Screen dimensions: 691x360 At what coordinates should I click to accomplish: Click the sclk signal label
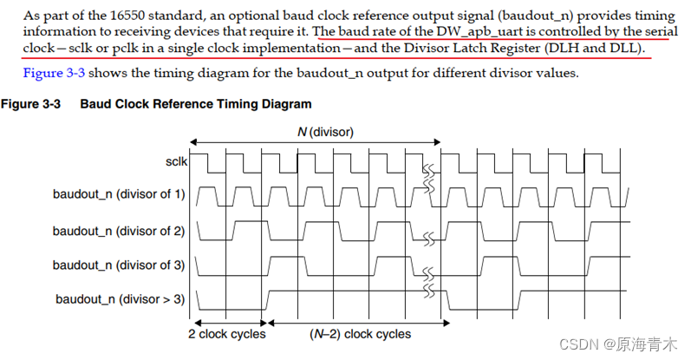click(x=175, y=161)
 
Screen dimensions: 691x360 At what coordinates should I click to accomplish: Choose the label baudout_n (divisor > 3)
click(x=121, y=299)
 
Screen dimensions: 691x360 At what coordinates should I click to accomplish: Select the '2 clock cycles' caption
click(x=227, y=334)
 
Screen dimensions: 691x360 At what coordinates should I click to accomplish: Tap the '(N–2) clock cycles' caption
click(x=361, y=334)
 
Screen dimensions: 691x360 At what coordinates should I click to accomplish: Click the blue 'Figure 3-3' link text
click(x=54, y=73)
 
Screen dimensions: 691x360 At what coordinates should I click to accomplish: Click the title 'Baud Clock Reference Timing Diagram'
click(x=196, y=104)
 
